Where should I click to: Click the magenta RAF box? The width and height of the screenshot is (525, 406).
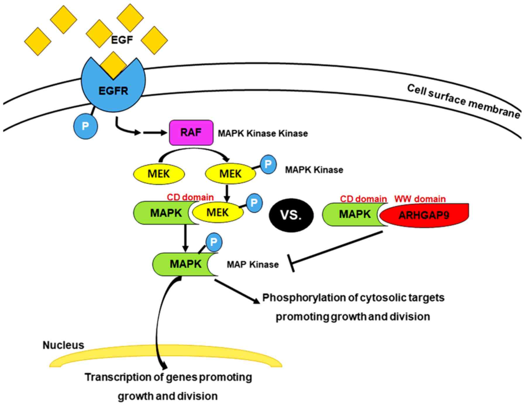(191, 133)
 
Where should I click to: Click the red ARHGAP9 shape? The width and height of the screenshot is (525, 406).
(424, 215)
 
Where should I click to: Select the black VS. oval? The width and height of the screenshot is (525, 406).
(291, 215)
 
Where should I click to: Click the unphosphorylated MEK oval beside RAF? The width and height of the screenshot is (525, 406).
(159, 174)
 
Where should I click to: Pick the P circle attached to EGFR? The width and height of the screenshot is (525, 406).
(85, 126)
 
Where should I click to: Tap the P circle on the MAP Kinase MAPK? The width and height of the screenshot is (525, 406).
(214, 242)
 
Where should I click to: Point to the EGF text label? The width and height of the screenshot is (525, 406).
(122, 40)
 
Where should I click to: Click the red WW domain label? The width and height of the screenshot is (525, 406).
(420, 199)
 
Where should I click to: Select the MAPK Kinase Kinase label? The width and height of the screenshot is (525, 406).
(263, 133)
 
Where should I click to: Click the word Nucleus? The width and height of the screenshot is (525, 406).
(63, 345)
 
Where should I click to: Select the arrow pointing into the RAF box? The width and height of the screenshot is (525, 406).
(155, 133)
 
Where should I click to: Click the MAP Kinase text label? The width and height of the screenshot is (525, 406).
(253, 265)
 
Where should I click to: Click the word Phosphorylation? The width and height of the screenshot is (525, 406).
(309, 298)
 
